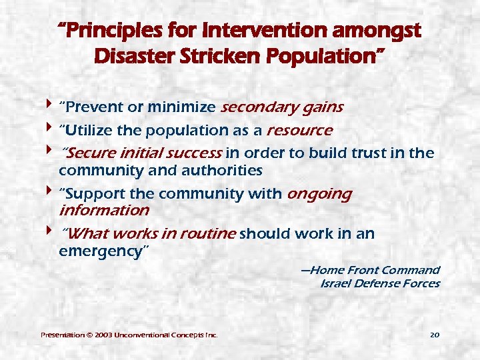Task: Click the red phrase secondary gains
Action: click(x=281, y=107)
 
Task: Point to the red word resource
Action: click(x=299, y=129)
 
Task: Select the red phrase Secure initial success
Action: click(x=141, y=153)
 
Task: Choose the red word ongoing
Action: click(x=319, y=194)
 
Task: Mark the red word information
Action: click(x=104, y=211)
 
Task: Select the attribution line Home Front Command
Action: click(x=370, y=270)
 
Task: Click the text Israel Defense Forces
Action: click(x=380, y=283)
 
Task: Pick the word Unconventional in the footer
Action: click(x=146, y=334)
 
